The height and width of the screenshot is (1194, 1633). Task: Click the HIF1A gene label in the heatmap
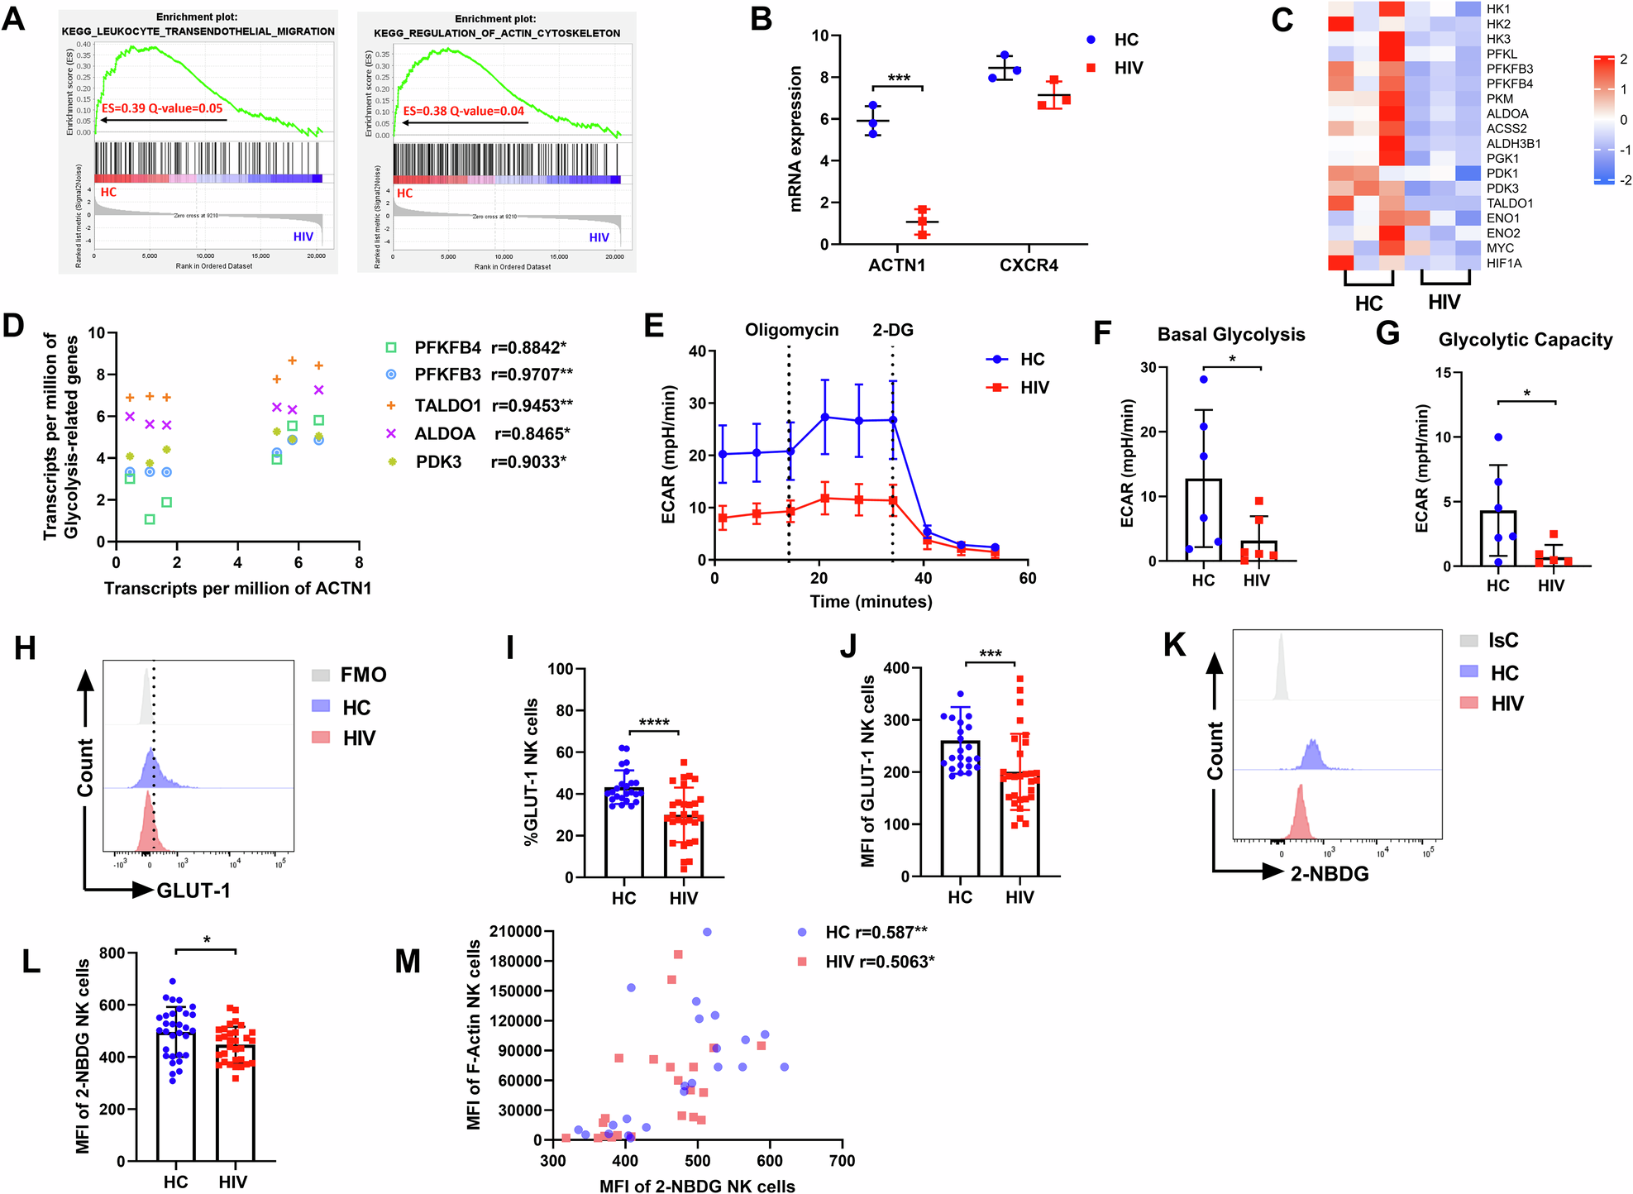(1504, 263)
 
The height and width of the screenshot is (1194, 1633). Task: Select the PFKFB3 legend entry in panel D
(447, 375)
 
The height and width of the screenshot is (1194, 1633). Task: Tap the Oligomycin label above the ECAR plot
(791, 330)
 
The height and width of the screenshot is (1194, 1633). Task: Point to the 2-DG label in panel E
(893, 330)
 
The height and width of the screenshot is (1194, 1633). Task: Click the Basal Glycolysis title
(1230, 334)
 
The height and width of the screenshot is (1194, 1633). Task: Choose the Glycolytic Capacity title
(1525, 340)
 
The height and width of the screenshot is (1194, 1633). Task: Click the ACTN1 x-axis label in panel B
(896, 265)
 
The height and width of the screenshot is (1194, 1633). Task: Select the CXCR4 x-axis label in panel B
(1029, 265)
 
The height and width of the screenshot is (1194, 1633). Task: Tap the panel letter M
(408, 962)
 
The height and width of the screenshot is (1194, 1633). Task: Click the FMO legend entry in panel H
(362, 675)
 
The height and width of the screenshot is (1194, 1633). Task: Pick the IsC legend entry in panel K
(1502, 641)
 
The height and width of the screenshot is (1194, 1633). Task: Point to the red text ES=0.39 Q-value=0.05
(162, 108)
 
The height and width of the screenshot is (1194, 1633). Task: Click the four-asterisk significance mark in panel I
(653, 723)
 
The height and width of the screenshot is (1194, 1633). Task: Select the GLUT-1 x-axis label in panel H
(193, 891)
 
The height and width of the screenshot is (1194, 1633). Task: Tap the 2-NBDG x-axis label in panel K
(1330, 874)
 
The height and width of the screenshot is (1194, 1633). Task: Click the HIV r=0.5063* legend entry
(879, 962)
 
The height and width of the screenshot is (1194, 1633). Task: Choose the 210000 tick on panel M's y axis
(515, 932)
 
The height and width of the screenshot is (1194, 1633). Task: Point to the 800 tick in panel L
(112, 953)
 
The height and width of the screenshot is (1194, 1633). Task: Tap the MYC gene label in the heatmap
(1500, 248)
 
